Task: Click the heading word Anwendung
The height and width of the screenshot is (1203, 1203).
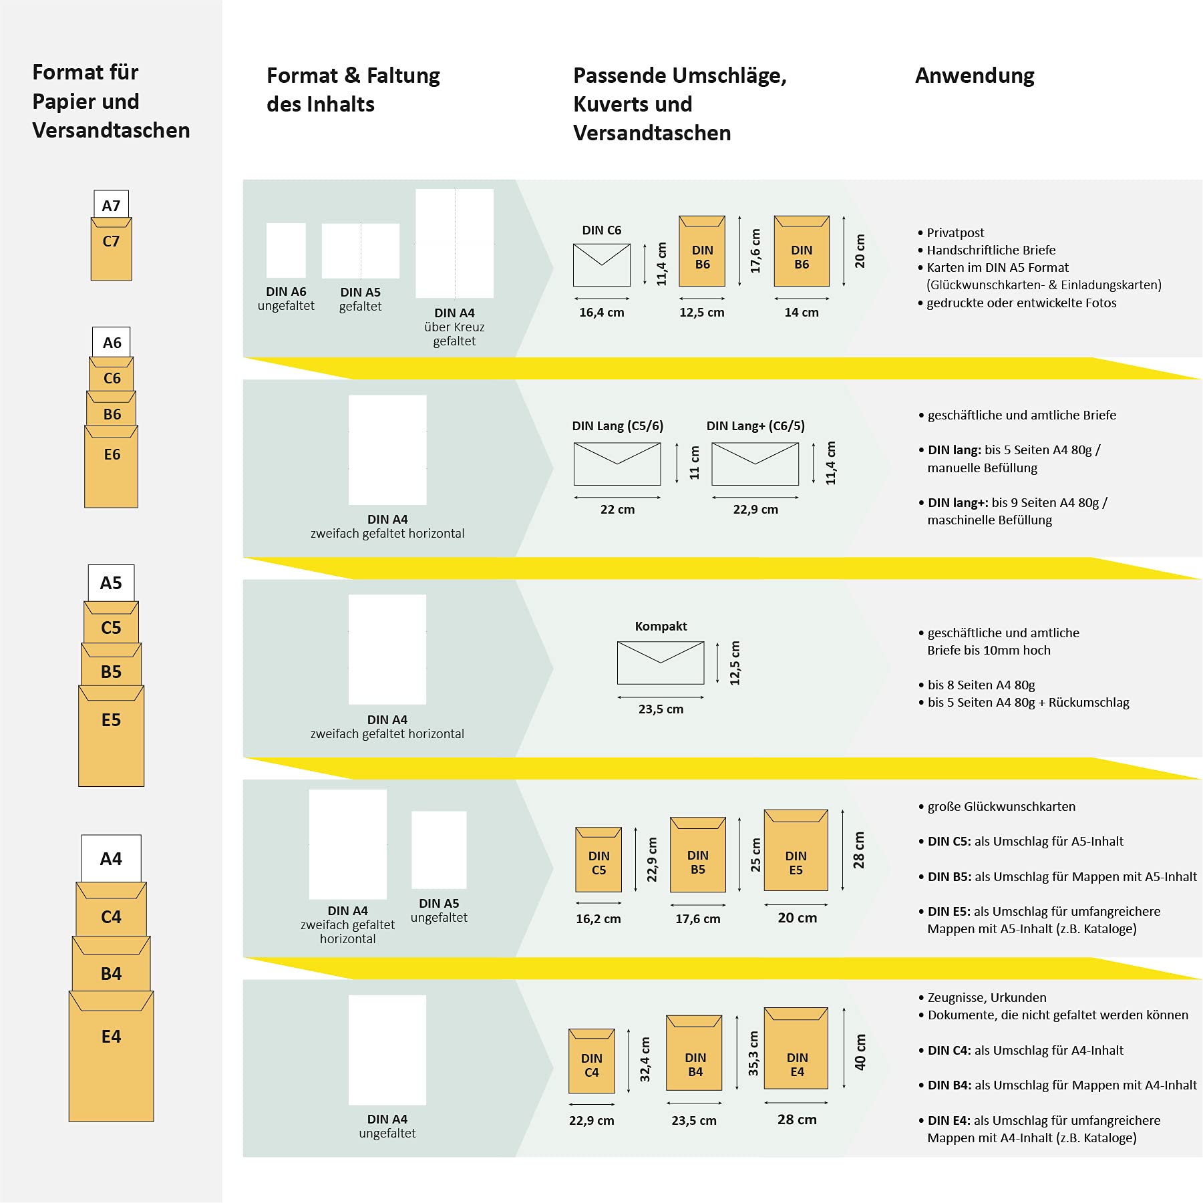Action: coord(975,76)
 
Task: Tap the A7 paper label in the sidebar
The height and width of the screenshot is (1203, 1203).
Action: coord(111,204)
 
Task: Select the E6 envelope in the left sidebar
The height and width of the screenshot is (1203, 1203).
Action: coord(111,466)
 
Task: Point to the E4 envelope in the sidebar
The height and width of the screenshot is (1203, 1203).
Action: coord(111,1055)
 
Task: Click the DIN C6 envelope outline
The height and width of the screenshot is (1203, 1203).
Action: coord(601,265)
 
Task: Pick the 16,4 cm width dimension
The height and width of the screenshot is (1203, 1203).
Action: coord(601,313)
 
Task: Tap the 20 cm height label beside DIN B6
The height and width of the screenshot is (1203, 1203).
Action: coord(860,251)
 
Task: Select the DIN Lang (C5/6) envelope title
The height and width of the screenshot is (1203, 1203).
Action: coord(617,426)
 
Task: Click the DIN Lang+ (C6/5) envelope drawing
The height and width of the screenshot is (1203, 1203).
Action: coord(755,464)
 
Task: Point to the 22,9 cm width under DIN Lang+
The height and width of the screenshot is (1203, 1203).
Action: coord(755,510)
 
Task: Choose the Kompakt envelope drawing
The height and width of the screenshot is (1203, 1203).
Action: coord(661,663)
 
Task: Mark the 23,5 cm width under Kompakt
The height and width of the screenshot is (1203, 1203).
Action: coord(661,709)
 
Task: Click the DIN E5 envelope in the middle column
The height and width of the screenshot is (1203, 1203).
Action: coord(796,850)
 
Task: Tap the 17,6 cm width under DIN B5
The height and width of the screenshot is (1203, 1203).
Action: coord(697,919)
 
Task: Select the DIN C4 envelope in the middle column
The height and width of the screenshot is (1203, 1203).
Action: coord(591,1061)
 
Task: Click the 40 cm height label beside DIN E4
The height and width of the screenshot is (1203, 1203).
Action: coord(860,1052)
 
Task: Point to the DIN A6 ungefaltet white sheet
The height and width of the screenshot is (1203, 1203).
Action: coord(286,250)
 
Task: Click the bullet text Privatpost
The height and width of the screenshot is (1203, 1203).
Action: coord(955,233)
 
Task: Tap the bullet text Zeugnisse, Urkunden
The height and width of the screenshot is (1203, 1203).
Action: coord(987,998)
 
